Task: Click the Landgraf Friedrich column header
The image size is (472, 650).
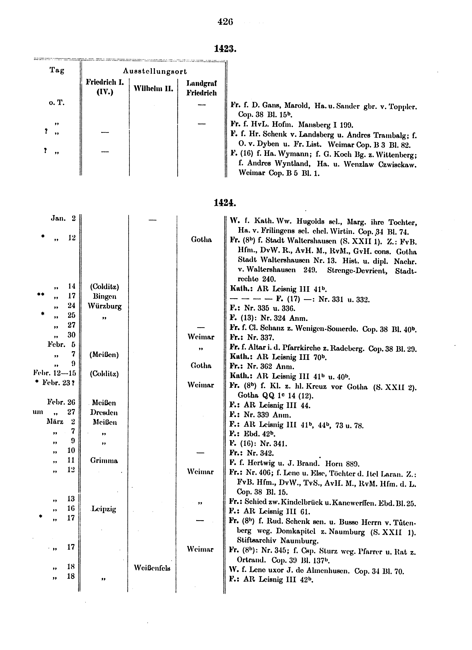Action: click(202, 88)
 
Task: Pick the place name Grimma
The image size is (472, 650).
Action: click(104, 461)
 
